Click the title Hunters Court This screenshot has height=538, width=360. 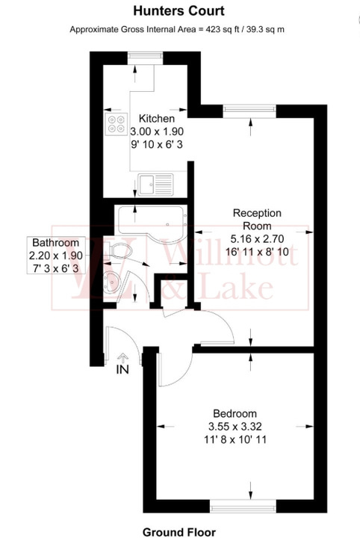click(x=179, y=11)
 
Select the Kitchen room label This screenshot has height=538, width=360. click(x=157, y=119)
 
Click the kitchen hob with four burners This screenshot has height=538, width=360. click(x=117, y=123)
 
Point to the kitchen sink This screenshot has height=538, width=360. click(x=155, y=182)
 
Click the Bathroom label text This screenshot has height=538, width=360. click(x=55, y=243)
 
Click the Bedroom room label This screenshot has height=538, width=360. click(x=235, y=413)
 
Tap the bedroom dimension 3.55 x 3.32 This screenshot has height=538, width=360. click(x=235, y=427)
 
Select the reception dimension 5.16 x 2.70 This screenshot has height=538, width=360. click(x=256, y=239)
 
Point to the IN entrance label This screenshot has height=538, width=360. click(x=122, y=369)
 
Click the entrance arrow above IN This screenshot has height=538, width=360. click(x=122, y=356)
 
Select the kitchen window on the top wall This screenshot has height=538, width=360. click(x=139, y=56)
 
